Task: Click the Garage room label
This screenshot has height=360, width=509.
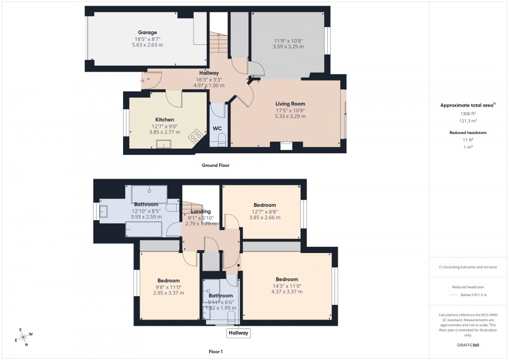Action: pos(148,32)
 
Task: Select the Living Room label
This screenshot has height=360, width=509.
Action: pos(290,104)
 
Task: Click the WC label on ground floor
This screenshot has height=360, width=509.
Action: pos(217,128)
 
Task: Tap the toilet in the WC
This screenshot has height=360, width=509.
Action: pos(222,139)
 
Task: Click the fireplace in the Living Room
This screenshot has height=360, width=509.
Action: pos(286,146)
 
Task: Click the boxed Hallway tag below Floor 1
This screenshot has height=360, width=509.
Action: pos(238,333)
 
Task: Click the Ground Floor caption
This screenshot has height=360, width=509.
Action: pos(216,165)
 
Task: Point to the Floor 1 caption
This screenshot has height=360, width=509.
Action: pos(216,352)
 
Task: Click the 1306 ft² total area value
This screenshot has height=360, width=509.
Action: pos(468,113)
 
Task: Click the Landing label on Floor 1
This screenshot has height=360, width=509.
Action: pos(201,211)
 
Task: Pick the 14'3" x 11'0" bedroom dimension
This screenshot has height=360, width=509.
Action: pos(287,286)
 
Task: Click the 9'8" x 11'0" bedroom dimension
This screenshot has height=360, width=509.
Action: pos(169,287)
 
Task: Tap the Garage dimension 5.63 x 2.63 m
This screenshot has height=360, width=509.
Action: pos(148,45)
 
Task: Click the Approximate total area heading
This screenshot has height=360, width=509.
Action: pos(467,105)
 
